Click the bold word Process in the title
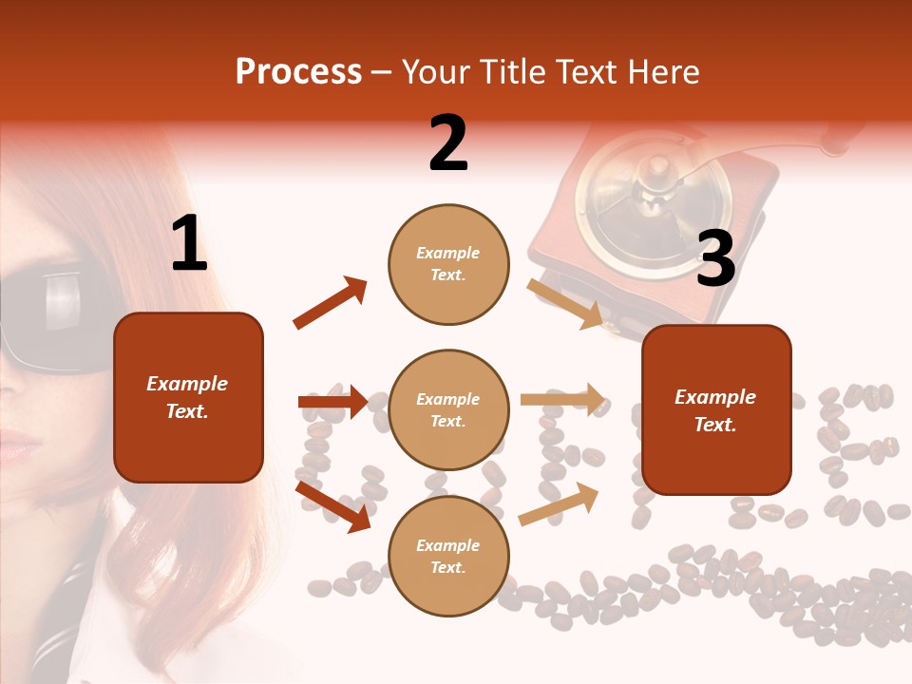point(298,71)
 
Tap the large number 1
point(189,244)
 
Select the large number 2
point(448,143)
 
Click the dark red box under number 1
point(188,397)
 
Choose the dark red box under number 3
point(716,409)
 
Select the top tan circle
point(448,264)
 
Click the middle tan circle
point(448,409)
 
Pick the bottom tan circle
point(448,556)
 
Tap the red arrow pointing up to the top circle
point(331,303)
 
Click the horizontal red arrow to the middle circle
point(332,402)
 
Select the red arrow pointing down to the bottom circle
point(333,505)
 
